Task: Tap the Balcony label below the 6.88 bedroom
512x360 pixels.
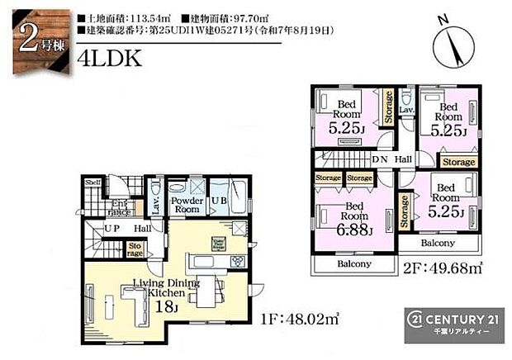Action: (x=353, y=264)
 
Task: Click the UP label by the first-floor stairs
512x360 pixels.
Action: (x=112, y=228)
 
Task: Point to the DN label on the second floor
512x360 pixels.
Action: (x=381, y=160)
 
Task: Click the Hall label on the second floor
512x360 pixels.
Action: (x=403, y=160)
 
